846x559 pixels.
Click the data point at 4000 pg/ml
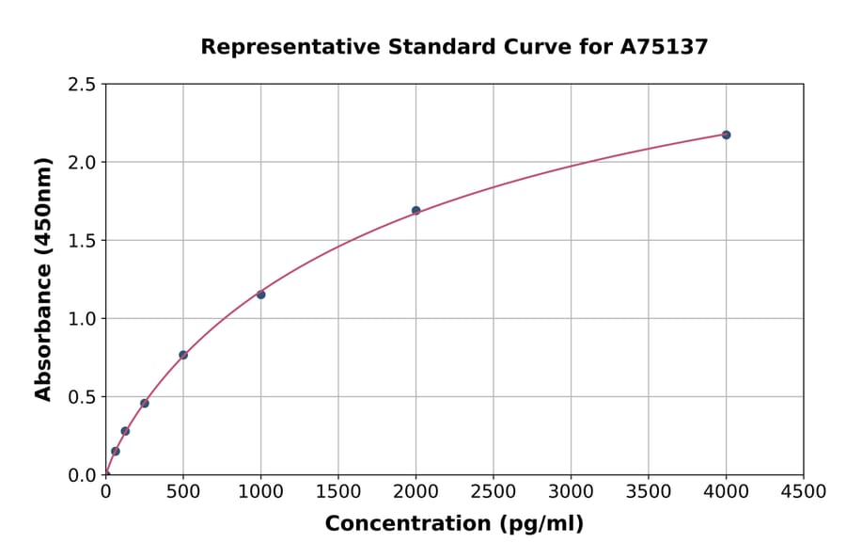coord(726,135)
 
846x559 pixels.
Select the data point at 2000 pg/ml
coord(415,211)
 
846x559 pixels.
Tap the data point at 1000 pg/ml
coord(260,295)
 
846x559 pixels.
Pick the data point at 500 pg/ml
coord(183,355)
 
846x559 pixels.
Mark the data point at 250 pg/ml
coord(145,403)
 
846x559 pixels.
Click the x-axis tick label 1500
coord(338,491)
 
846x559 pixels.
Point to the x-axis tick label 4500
coord(803,491)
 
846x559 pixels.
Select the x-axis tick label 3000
coord(571,491)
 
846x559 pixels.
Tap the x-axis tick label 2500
coord(493,491)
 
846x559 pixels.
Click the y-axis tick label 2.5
coord(83,85)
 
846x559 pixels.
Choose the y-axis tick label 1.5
coord(83,241)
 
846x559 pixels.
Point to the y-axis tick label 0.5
coord(83,397)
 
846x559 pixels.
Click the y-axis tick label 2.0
coord(83,163)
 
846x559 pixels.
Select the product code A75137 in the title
coord(663,47)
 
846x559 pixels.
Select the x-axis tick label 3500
coord(649,491)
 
